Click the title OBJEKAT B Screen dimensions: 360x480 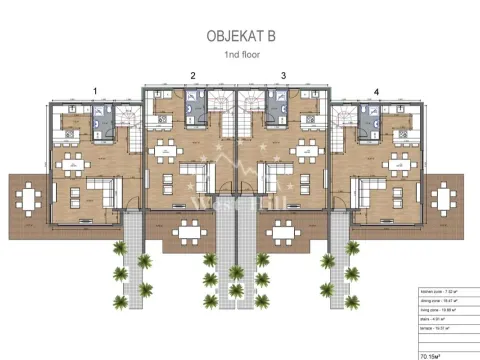tap(239, 36)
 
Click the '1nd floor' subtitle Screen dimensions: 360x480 tap(240, 56)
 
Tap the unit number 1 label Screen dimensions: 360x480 tap(95, 91)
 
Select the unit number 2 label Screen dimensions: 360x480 tap(192, 75)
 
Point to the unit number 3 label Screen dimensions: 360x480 tap(283, 75)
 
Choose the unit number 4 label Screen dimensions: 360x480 tap(377, 91)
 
